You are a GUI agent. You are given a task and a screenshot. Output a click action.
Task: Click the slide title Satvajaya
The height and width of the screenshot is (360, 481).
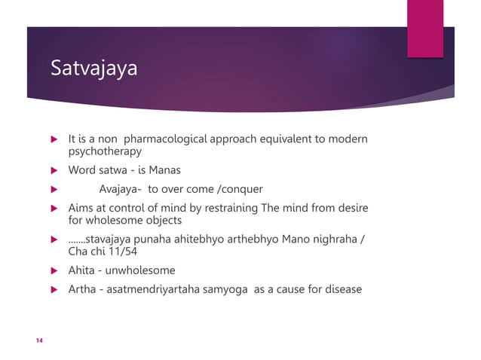(94, 70)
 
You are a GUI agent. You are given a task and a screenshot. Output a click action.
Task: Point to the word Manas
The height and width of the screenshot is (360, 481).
(165, 169)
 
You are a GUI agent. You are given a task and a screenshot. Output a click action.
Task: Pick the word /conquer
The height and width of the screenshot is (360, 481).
(240, 189)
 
